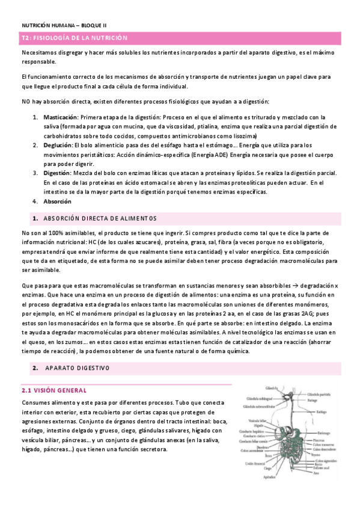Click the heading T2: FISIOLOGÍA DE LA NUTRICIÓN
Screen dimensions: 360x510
pos(75,38)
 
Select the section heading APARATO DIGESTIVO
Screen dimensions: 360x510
pos(78,367)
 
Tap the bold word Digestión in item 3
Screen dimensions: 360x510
pos(56,173)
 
